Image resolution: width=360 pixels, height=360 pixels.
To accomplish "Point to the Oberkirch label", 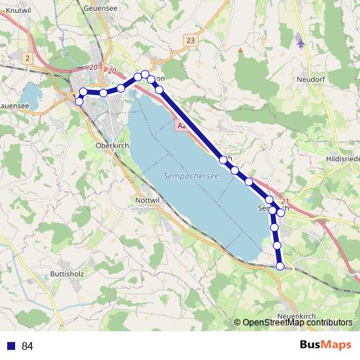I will tap(111, 145).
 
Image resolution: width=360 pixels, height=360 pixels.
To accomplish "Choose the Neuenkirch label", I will tap(296, 316).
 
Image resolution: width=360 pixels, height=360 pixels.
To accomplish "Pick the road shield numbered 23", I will tap(189, 41).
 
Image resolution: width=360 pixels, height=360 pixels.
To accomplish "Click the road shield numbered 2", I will tap(27, 57).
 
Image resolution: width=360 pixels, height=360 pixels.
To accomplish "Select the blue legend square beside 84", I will tap(10, 346).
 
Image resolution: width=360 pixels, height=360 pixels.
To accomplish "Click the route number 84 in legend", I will tap(28, 346).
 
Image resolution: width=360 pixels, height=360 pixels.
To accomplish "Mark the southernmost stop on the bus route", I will tap(281, 266).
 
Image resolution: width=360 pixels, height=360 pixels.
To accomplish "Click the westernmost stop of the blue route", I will tap(79, 101).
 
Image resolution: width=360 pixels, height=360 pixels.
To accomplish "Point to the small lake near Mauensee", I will tap(30, 94).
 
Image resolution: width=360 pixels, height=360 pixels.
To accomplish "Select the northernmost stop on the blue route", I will tap(145, 74).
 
